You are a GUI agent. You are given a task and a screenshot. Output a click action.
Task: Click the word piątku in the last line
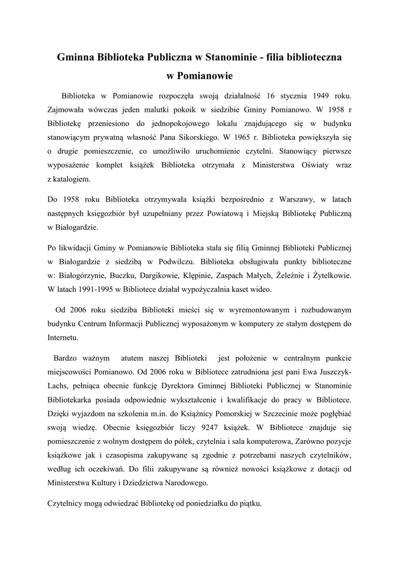click(x=249, y=503)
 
